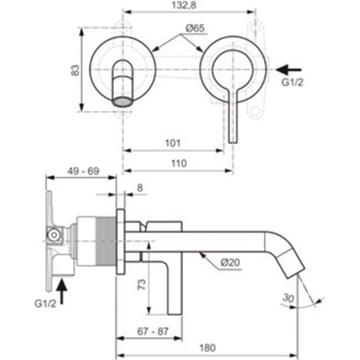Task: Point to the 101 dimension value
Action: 173,143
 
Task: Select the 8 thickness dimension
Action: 139,188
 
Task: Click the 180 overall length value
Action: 207,345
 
